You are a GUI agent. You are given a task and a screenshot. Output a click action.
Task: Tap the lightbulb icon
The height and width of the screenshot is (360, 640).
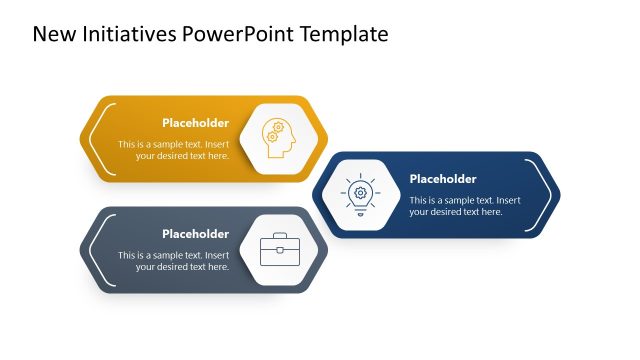pyautogui.click(x=359, y=194)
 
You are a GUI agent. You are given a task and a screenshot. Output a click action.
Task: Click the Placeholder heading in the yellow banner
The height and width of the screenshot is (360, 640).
pyautogui.click(x=195, y=123)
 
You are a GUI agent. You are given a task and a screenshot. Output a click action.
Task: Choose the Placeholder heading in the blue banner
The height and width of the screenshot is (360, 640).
pyautogui.click(x=443, y=179)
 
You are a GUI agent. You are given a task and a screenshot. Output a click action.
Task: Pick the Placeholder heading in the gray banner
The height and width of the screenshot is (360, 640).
pyautogui.click(x=195, y=234)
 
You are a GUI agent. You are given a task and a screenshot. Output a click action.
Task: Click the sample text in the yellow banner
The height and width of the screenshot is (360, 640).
pyautogui.click(x=174, y=150)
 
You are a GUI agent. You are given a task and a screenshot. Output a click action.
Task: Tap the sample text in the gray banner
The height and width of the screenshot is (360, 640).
pyautogui.click(x=174, y=261)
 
